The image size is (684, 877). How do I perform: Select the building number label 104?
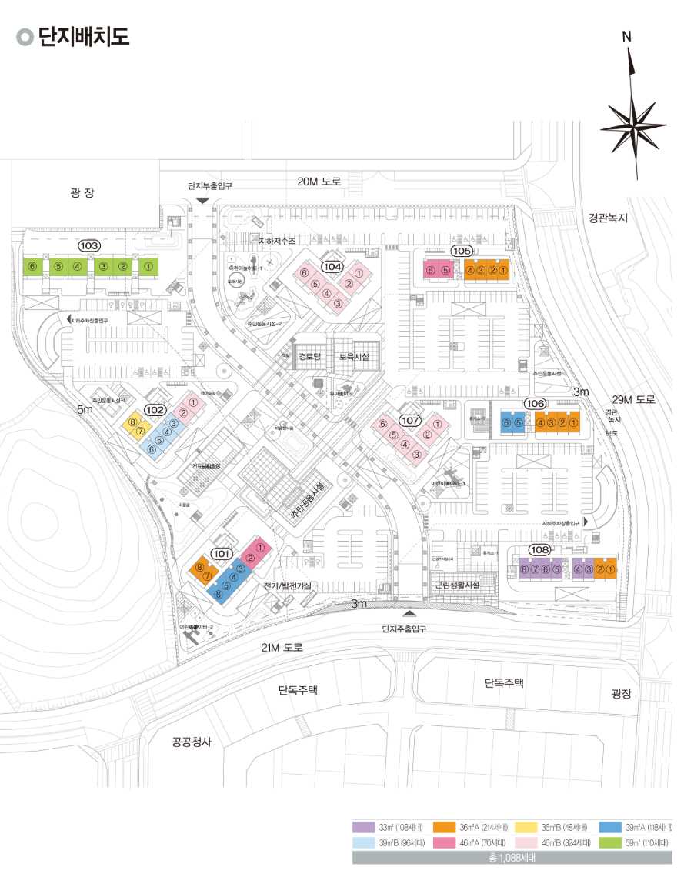[332, 267]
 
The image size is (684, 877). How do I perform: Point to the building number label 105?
[462, 252]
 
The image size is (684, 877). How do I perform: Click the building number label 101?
[222, 552]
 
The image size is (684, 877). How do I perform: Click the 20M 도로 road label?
[319, 182]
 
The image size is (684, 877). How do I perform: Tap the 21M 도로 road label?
[282, 648]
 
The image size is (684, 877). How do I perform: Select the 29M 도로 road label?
[633, 399]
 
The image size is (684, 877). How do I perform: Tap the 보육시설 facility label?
[354, 357]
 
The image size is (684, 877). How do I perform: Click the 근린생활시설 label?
[457, 585]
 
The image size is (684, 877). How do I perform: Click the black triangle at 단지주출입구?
[409, 613]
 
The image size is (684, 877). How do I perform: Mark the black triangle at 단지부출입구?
[202, 201]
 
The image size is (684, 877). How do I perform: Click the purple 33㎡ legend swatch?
[363, 827]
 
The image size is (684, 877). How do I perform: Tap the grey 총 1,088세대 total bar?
[512, 856]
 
